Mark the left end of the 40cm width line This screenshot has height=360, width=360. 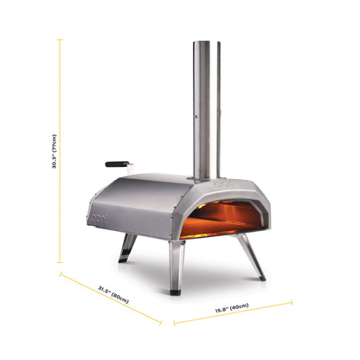[175, 324]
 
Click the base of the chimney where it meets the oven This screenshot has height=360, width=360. [200, 177]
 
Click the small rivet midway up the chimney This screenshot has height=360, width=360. [195, 113]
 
